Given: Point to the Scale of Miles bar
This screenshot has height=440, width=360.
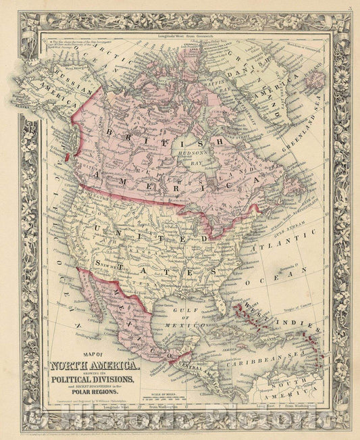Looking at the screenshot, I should (x=196, y=399).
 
